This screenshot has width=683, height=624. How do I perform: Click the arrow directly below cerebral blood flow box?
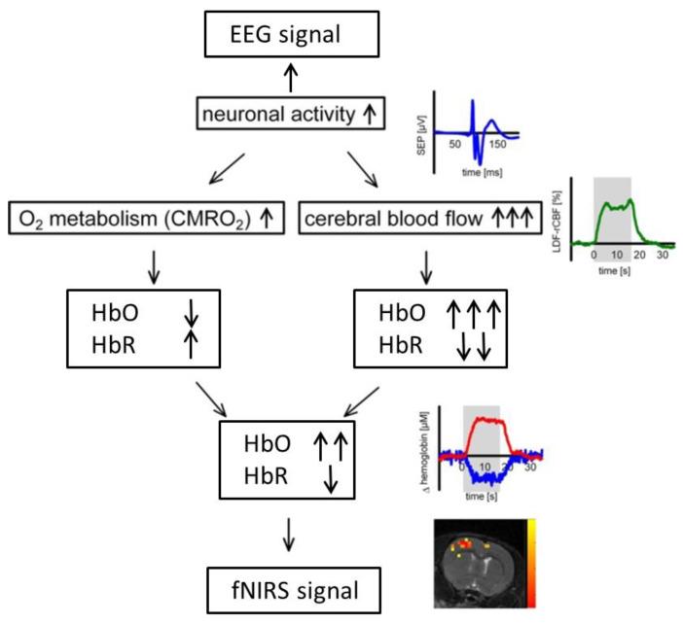[x=425, y=265]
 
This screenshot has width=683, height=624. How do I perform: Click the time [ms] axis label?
[x=475, y=168]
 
